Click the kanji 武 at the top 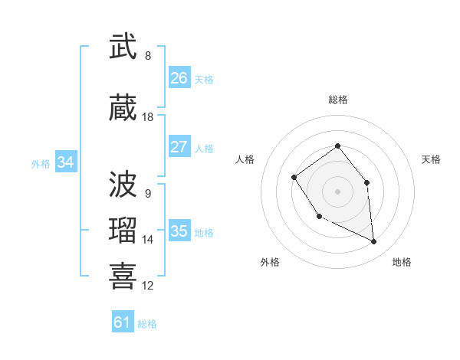click(x=123, y=47)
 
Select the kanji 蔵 click(x=123, y=109)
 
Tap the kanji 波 click(x=123, y=185)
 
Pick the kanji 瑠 click(x=123, y=231)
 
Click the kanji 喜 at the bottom click(x=123, y=276)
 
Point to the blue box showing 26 click(x=179, y=78)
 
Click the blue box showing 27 click(x=179, y=147)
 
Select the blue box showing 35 click(x=179, y=231)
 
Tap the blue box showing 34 click(x=65, y=162)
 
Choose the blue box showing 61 click(x=123, y=322)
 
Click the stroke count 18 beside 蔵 click(x=148, y=117)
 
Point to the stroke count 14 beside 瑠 click(x=148, y=240)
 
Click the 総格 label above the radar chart click(x=337, y=100)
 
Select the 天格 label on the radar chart click(x=431, y=159)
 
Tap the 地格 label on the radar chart click(x=402, y=262)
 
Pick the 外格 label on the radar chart click(x=270, y=262)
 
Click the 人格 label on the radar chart click(x=245, y=159)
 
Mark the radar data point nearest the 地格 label click(x=374, y=242)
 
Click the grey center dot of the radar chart click(x=337, y=191)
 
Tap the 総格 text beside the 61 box click(x=147, y=324)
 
